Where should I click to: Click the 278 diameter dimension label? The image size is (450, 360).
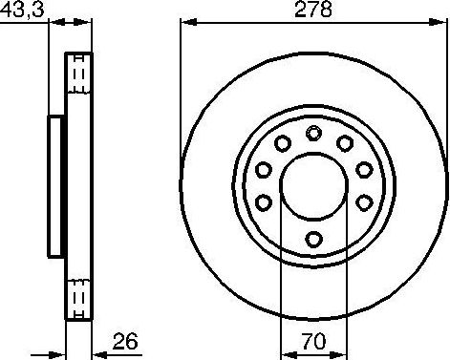click(x=313, y=10)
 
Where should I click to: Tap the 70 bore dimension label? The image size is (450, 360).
click(x=314, y=341)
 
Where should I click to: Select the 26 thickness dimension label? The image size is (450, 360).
click(x=125, y=341)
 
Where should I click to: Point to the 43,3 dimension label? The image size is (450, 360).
click(x=22, y=10)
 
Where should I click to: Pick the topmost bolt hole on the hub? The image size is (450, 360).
click(x=313, y=133)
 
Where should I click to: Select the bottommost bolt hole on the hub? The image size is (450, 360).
click(x=313, y=239)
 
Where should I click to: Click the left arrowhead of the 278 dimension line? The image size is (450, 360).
click(x=188, y=23)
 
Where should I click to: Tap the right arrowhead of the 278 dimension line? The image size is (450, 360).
click(x=437, y=23)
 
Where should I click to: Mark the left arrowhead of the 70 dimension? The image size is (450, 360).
click(x=289, y=354)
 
